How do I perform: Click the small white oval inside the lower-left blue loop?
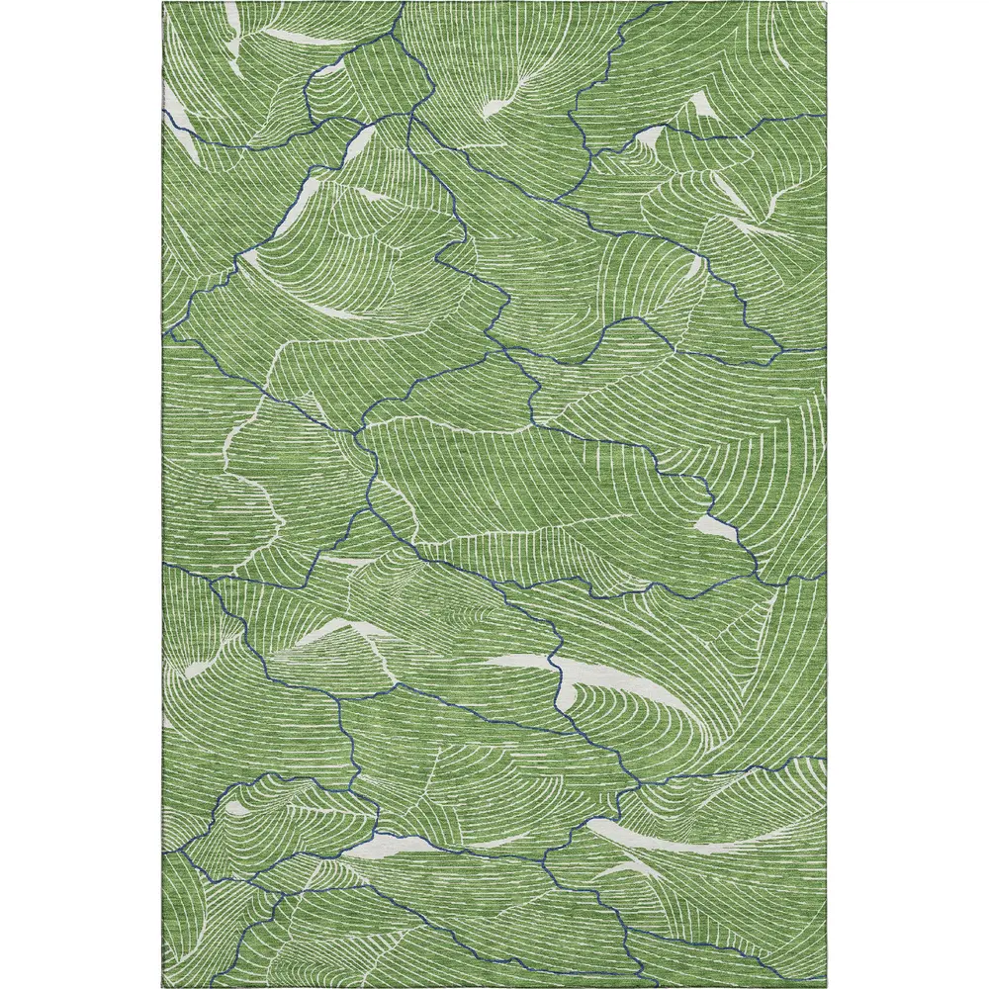click(236, 808)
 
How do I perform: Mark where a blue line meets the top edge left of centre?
click(403, 4)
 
